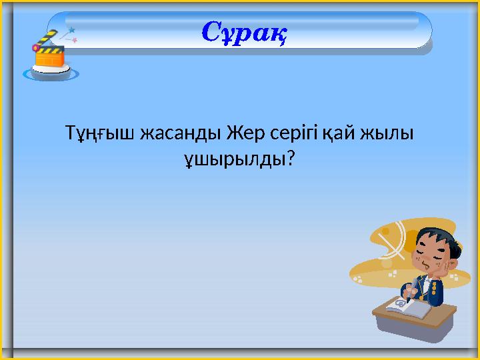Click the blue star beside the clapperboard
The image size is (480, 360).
[71, 30]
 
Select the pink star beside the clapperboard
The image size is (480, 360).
[75, 41]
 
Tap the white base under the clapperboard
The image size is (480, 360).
[51, 73]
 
